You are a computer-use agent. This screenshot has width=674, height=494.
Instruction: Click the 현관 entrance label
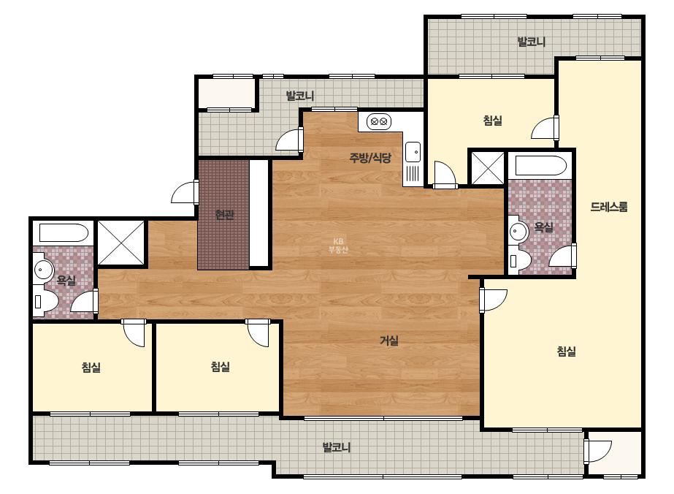pos(224,214)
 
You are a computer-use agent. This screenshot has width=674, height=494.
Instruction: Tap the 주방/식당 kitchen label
pos(370,158)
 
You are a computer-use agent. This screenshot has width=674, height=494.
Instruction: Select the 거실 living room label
pos(389,341)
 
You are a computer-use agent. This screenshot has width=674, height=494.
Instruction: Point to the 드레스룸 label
pos(609,207)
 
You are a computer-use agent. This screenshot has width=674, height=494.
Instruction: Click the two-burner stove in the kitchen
pos(379,122)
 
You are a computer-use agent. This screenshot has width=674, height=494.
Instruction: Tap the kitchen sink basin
pos(413,152)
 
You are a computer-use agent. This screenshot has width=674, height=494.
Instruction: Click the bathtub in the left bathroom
pos(64,233)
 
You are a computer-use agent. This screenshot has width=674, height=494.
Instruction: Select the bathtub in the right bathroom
pos(540,166)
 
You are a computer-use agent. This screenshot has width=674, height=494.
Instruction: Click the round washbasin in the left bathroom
pos(43,270)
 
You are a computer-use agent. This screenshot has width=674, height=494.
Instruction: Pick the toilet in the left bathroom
pos(45,301)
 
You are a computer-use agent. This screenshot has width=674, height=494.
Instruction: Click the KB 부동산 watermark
pos(338,246)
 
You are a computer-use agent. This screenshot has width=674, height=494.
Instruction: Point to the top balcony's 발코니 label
pos(532,42)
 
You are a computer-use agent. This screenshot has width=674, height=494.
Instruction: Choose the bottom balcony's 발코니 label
pos(337,447)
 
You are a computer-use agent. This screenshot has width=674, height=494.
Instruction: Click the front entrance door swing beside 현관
pos(184,192)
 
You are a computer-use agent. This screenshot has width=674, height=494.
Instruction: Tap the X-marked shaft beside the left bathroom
pos(120,243)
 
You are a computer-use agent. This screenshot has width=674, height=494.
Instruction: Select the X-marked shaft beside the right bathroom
pos(488,167)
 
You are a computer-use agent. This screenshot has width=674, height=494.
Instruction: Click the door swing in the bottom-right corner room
pos(598,452)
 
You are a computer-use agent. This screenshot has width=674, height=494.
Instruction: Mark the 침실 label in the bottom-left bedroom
pos(91,367)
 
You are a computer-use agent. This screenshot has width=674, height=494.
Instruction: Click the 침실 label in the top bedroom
pos(493,120)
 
